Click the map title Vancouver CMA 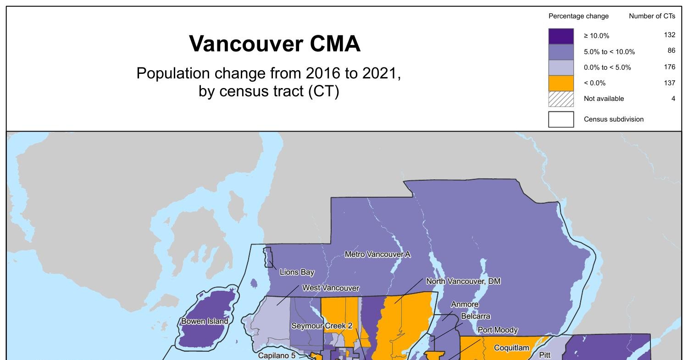click(275, 44)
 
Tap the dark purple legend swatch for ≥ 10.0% click(561, 36)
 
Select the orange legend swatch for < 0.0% click(561, 83)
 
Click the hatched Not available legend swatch click(561, 99)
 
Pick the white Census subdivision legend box click(561, 119)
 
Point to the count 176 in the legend click(669, 67)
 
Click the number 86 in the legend click(671, 51)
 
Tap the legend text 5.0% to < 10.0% click(609, 52)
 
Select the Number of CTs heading click(652, 16)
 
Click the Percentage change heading click(578, 16)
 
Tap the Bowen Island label click(205, 321)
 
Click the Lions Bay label click(297, 272)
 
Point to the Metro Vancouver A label click(377, 254)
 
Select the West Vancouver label click(330, 288)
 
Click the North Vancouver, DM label click(463, 281)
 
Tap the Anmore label click(465, 305)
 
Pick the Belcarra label click(476, 316)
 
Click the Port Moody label click(498, 330)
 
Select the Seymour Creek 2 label click(322, 326)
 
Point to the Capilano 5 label click(277, 355)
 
